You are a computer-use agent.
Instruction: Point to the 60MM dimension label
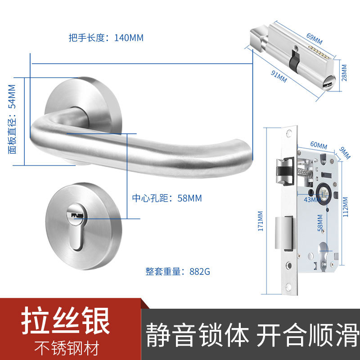(318, 145)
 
